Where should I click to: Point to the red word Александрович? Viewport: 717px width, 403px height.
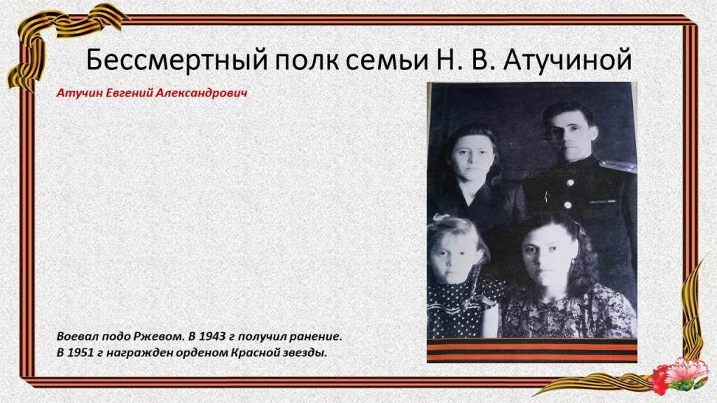[x=202, y=93]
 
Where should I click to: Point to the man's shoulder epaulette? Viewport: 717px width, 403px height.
[x=618, y=166]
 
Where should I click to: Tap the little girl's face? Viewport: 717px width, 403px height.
[x=454, y=258]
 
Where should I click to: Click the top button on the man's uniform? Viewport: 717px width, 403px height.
[x=570, y=183]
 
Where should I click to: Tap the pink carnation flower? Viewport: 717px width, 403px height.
[x=687, y=370]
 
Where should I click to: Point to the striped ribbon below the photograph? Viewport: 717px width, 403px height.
[x=532, y=351]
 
